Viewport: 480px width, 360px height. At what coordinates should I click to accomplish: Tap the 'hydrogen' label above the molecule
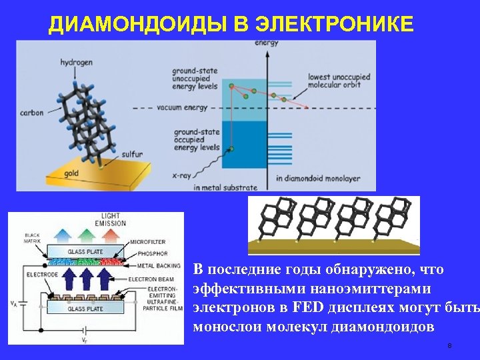(x=77, y=62)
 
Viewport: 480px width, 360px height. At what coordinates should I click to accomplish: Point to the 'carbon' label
(x=31, y=113)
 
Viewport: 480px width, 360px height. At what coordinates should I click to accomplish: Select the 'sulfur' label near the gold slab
(x=132, y=154)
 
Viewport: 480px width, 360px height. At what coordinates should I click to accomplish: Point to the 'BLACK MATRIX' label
(x=31, y=238)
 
